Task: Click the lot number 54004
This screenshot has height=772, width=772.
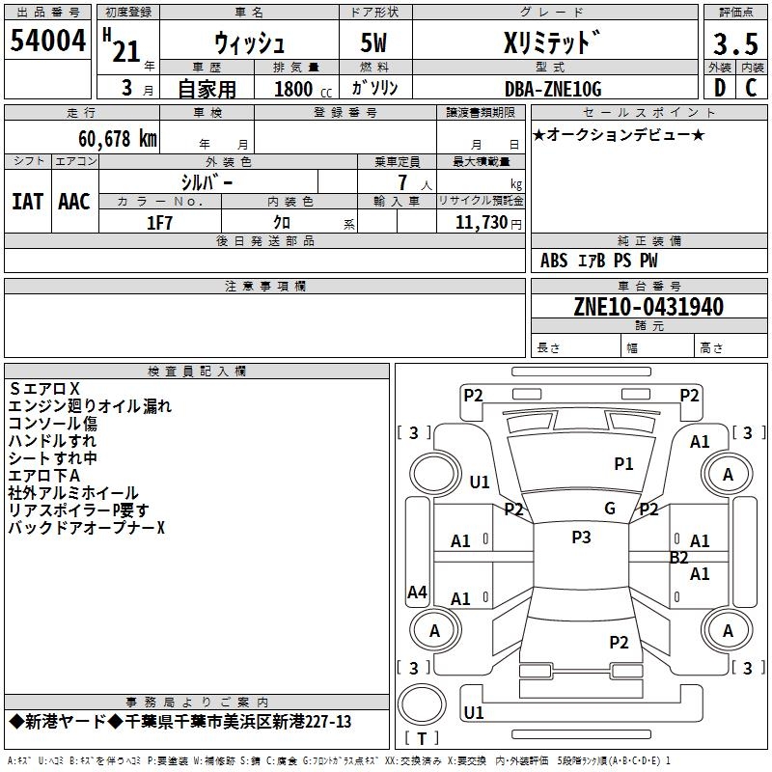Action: [x=47, y=41]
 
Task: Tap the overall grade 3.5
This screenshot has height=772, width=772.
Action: [x=735, y=44]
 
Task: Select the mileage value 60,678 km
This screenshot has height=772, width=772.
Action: [x=118, y=139]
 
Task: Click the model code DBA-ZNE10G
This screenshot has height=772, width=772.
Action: [x=553, y=89]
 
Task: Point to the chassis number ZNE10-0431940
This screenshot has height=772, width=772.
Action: [x=648, y=307]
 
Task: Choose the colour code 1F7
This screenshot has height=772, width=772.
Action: [x=159, y=223]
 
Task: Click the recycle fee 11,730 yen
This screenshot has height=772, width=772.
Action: [x=488, y=223]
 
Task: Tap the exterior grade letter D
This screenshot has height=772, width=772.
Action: [x=720, y=88]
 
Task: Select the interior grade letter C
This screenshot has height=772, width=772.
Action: [x=751, y=88]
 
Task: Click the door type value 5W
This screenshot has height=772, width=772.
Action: [x=373, y=42]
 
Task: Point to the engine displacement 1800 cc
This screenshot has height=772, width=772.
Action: [x=303, y=89]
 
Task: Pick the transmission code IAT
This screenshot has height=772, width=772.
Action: [x=27, y=202]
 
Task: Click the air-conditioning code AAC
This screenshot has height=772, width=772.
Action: [x=74, y=202]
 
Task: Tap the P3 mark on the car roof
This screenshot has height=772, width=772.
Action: [x=581, y=538]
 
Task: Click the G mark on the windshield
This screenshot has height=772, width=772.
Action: [x=610, y=509]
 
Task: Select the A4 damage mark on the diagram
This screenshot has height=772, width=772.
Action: [x=417, y=592]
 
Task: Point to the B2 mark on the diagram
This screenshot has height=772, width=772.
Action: [x=679, y=558]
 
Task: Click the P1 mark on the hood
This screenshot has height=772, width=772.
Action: [x=623, y=464]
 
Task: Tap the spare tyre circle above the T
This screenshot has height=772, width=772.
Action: [x=422, y=704]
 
